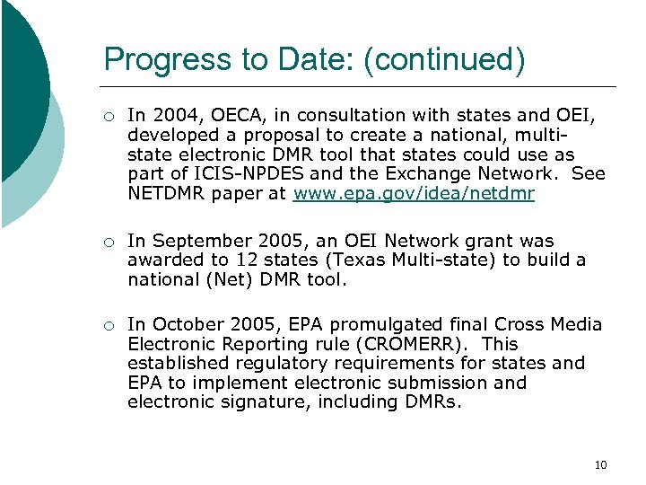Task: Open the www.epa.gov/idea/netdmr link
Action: (415, 194)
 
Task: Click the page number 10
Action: (600, 464)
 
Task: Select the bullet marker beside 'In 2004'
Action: (108, 115)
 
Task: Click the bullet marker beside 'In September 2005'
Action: (108, 241)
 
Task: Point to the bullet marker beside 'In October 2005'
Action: (108, 324)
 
